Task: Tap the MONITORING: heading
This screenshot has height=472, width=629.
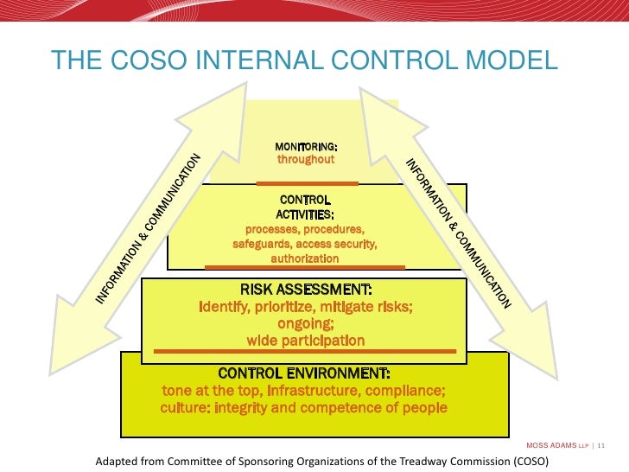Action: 306,146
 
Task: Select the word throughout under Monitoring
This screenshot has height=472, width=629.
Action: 306,160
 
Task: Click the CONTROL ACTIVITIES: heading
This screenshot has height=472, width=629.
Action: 305,207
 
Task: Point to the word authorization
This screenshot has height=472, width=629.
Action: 305,258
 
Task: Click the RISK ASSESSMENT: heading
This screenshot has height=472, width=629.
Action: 305,290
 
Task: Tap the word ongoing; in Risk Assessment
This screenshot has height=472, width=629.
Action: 305,323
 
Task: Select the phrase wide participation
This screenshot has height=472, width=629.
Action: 305,341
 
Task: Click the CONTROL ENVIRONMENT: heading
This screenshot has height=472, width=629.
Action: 304,373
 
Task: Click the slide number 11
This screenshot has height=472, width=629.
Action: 601,445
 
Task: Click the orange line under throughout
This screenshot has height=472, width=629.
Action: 308,183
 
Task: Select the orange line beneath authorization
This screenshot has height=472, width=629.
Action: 306,267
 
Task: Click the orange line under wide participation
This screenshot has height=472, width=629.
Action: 305,351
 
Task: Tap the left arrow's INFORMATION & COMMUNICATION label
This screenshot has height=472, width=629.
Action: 149,229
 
